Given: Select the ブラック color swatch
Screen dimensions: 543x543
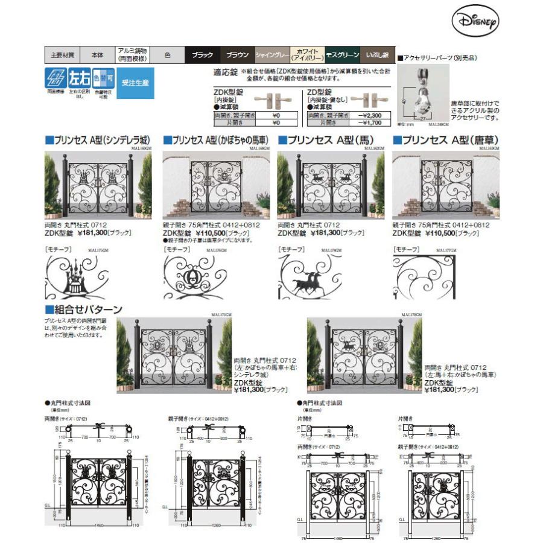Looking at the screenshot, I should pos(202,55).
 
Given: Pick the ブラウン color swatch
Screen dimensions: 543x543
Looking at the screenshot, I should pos(237,55).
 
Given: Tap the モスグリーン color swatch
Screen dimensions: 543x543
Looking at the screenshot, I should pos(343,55).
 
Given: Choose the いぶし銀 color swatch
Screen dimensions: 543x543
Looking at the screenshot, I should pos(378,55).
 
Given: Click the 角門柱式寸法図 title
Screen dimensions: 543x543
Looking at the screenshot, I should pos(321,402).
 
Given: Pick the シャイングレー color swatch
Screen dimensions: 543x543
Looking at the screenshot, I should pos(272,55).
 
